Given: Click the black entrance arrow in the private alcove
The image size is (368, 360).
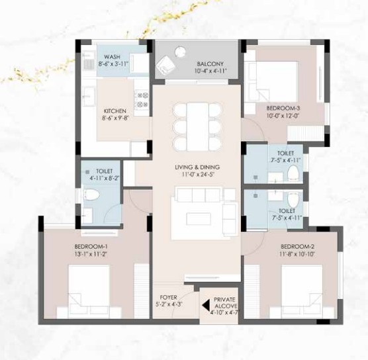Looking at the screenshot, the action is [206, 306].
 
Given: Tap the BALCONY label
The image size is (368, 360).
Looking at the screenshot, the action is [210, 64].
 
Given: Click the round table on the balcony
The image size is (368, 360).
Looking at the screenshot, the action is [181, 52].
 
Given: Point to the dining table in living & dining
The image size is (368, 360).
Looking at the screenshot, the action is [198, 127].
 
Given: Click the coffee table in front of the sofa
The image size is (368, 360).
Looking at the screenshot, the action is [199, 218].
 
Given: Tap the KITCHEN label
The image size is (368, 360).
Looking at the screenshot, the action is [115, 111].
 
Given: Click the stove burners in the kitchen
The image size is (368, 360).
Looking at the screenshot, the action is [142, 99].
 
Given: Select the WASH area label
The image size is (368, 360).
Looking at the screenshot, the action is [112, 57].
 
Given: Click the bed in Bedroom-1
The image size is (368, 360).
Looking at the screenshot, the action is [89, 292].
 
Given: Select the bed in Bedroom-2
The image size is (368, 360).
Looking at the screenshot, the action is [302, 292].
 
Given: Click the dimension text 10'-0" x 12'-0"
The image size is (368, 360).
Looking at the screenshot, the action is [283, 116].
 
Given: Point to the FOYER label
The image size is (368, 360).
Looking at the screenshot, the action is [169, 298].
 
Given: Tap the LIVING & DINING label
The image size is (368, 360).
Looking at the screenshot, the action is [197, 167].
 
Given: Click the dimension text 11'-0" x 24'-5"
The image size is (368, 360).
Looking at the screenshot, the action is [197, 175].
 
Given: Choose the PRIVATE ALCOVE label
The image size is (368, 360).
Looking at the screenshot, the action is [225, 303].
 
